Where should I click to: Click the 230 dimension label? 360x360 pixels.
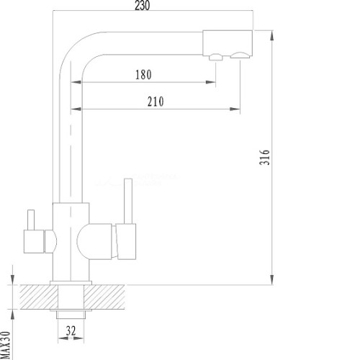coord(143,5)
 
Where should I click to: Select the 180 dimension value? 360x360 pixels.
coord(143,75)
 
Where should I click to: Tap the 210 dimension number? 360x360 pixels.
coord(156,102)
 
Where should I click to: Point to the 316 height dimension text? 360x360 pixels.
coord(265,157)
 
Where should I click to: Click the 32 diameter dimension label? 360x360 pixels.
coord(71,331)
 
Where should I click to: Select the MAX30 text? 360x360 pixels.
coord(5,346)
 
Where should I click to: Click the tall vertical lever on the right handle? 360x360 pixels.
coord(128,201)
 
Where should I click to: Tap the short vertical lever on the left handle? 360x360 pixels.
coord(31,220)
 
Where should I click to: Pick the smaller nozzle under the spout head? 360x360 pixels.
coord(216,57)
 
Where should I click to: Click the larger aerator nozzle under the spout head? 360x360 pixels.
coord(240,55)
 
